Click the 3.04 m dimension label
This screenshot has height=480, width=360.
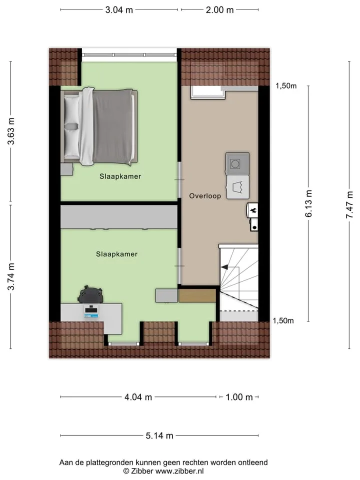pyautogui.click(x=119, y=10)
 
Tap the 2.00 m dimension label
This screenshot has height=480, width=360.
pyautogui.click(x=219, y=10)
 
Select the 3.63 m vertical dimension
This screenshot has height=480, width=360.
pyautogui.click(x=11, y=131)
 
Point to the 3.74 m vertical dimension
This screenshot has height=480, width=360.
pyautogui.click(x=11, y=276)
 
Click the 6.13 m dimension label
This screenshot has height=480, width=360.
pyautogui.click(x=308, y=203)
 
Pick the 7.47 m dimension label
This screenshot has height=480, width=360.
pyautogui.click(x=349, y=205)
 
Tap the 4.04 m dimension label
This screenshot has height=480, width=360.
pyautogui.click(x=138, y=397)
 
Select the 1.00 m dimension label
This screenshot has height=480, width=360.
pyautogui.click(x=239, y=397)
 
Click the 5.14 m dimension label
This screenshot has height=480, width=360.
pyautogui.click(x=159, y=435)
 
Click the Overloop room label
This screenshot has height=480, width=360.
pyautogui.click(x=205, y=196)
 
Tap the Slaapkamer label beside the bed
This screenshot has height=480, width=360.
pyautogui.click(x=120, y=176)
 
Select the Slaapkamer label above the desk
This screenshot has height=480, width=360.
pyautogui.click(x=116, y=254)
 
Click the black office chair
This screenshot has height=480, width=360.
pyautogui.click(x=90, y=294)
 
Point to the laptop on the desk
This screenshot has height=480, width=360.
pyautogui.click(x=91, y=311)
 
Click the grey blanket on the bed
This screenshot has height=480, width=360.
pyautogui.click(x=113, y=127)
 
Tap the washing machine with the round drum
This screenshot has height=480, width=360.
pyautogui.click(x=237, y=164)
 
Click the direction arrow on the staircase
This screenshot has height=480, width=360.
pyautogui.click(x=224, y=267)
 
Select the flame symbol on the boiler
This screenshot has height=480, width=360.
pyautogui.click(x=253, y=210)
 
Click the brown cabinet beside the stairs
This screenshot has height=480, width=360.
pyautogui.click(x=198, y=295)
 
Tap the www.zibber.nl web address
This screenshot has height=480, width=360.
pyautogui.click(x=179, y=471)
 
